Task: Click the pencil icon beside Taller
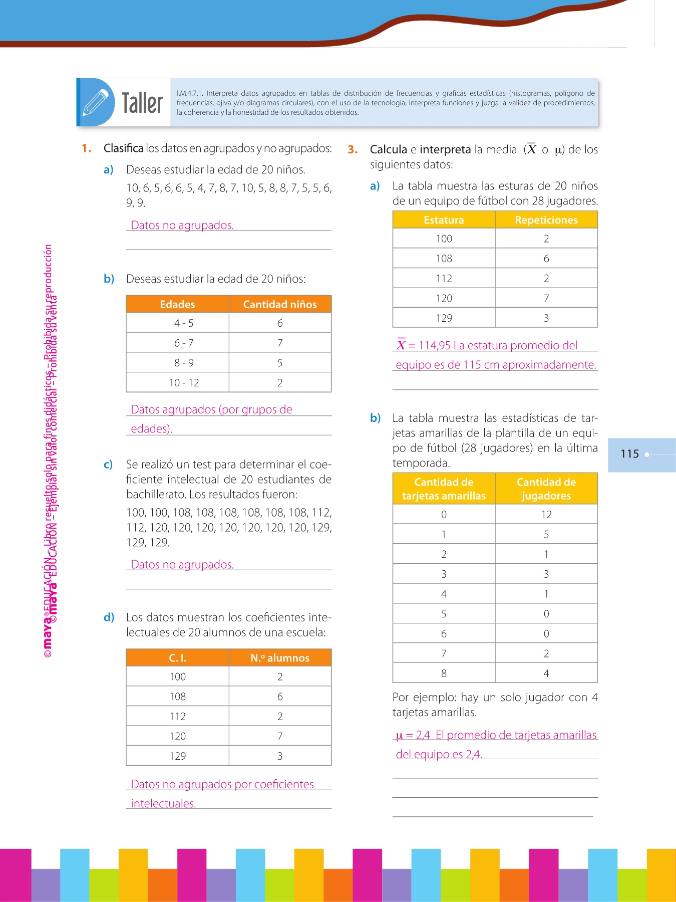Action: tap(96, 102)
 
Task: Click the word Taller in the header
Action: tap(142, 103)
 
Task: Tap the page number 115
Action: tap(629, 454)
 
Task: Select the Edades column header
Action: tap(177, 304)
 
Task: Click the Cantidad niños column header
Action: tap(280, 304)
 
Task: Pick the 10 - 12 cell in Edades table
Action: tap(184, 383)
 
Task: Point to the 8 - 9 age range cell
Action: tap(184, 363)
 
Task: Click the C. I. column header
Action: tap(177, 658)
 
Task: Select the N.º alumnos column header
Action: tap(280, 658)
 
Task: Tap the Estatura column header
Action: tap(444, 220)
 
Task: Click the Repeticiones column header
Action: tap(546, 220)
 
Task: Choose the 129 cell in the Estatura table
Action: tap(444, 318)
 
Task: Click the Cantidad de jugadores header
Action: tap(546, 489)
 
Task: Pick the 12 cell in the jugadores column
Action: tap(546, 515)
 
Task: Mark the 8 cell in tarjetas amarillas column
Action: tap(444, 673)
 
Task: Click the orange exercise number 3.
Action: tap(353, 149)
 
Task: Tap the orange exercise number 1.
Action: tap(86, 148)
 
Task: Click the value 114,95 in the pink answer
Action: tap(434, 345)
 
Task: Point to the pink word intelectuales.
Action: tap(163, 803)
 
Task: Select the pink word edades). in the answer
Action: tap(151, 428)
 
